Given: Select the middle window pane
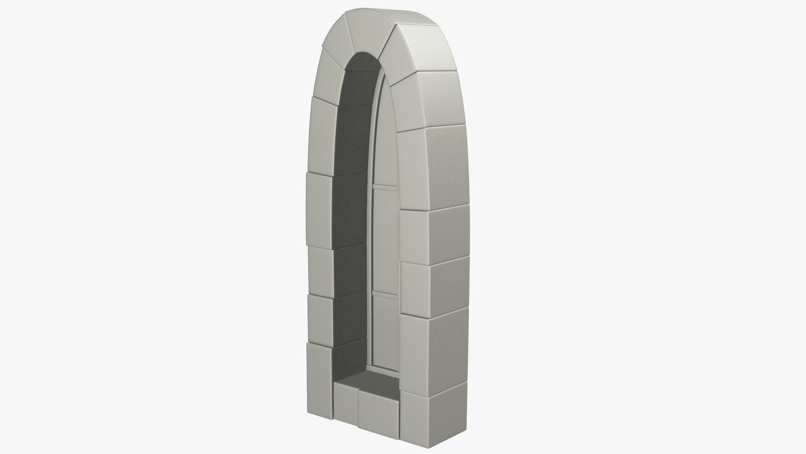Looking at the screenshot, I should point(385,240).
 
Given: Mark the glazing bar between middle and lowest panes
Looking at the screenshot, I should point(385,293).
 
